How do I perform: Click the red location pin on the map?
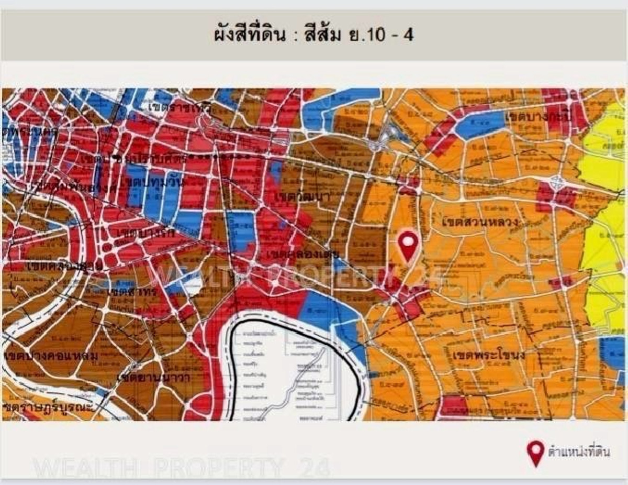coord(408,244)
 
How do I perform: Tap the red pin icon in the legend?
coord(535,452)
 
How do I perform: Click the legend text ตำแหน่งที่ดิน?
coord(579,451)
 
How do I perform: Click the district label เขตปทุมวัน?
coord(149,182)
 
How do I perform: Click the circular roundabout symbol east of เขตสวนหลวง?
coord(557,183)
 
